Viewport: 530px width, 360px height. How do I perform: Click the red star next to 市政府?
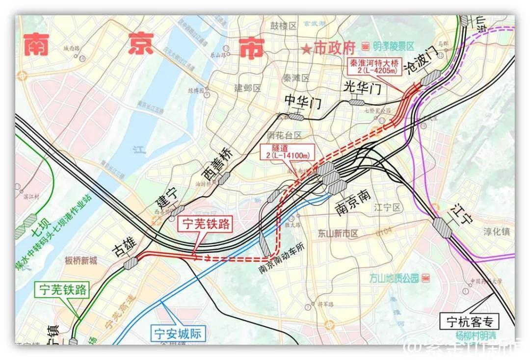click(x=306, y=49)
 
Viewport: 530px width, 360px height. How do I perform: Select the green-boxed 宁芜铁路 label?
click(x=61, y=290)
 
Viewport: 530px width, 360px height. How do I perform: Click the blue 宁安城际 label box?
click(x=177, y=334)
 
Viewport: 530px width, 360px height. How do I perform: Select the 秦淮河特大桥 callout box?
click(x=376, y=67)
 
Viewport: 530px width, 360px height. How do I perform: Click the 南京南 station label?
click(x=353, y=202)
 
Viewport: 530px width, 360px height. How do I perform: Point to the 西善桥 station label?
click(x=216, y=164)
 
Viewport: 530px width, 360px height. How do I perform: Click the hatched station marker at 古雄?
click(x=132, y=264)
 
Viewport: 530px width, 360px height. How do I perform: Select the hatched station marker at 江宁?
click(x=442, y=228)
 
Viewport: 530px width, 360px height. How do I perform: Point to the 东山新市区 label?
click(x=339, y=233)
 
